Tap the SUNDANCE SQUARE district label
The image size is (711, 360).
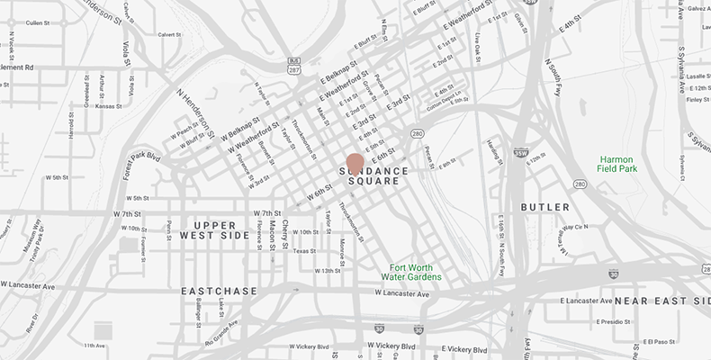(x=374, y=176)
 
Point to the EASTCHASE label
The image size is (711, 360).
(x=213, y=292)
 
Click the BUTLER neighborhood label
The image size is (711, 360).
(x=545, y=206)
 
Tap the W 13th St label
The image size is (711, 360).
(x=327, y=270)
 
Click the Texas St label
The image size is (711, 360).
(x=305, y=251)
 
